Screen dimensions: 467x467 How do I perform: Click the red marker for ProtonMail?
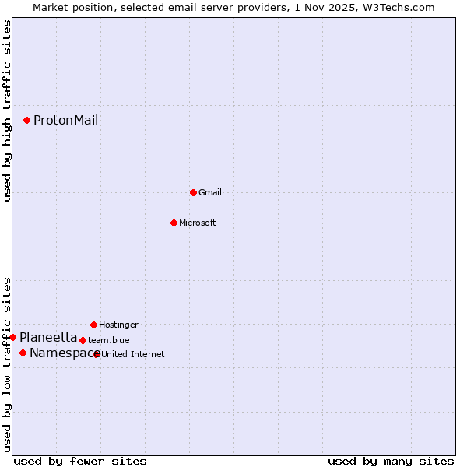[x=26, y=120]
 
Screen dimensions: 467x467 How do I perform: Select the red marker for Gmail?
[x=193, y=192]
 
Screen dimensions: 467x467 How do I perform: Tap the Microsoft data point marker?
[x=174, y=223]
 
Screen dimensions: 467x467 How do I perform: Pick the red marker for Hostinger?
[x=93, y=325]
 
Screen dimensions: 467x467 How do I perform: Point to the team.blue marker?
[x=83, y=340]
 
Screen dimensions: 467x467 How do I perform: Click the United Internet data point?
[x=97, y=354]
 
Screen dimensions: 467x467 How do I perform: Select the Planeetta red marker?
[x=13, y=337]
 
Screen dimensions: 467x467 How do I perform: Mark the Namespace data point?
[x=23, y=353]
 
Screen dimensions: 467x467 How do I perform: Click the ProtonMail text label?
[x=65, y=120]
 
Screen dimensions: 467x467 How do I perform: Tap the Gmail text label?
[x=210, y=192]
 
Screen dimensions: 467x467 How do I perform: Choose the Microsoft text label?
[x=198, y=223]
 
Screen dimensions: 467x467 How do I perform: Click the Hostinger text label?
[x=118, y=325]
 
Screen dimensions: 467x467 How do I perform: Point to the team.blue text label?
[x=109, y=340]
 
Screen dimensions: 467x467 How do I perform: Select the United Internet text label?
[x=133, y=354]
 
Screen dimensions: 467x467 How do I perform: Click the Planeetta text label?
[x=48, y=337]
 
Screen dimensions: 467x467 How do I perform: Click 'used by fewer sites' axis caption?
[x=79, y=461]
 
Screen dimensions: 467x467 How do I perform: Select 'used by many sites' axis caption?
[x=391, y=461]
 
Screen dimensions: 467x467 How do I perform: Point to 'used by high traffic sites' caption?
[x=8, y=111]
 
